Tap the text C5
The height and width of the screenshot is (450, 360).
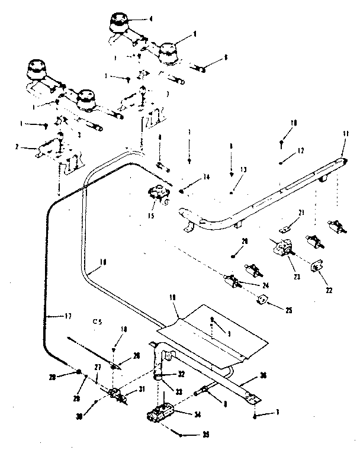98,322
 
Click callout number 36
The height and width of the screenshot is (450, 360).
262,374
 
